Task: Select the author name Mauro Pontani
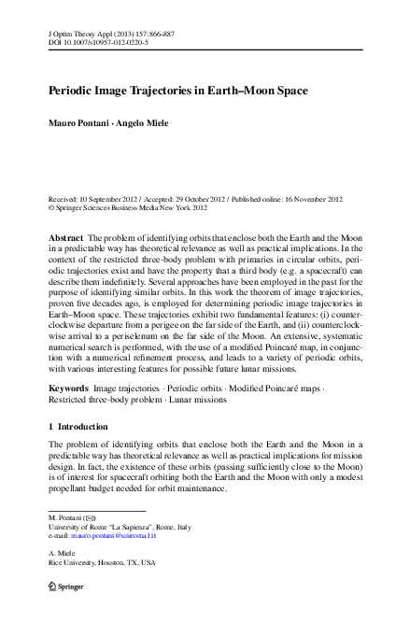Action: pyautogui.click(x=78, y=122)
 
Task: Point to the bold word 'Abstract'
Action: pyautogui.click(x=68, y=240)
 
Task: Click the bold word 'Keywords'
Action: pyautogui.click(x=70, y=387)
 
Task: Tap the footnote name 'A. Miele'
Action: pyautogui.click(x=62, y=552)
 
